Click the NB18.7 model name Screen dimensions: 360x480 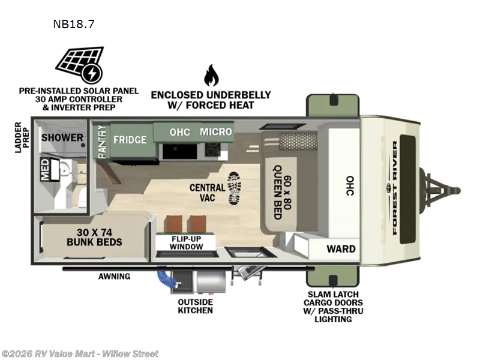(x=74, y=25)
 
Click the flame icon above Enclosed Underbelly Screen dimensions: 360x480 (x=211, y=75)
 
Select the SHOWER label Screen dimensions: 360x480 (x=62, y=137)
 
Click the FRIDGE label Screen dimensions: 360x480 (x=130, y=139)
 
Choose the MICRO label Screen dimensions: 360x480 (x=216, y=131)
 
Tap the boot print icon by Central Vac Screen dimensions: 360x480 (x=235, y=188)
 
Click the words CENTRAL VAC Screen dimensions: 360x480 (x=207, y=192)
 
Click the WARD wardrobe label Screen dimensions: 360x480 (x=341, y=248)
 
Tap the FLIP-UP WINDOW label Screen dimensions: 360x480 (x=186, y=241)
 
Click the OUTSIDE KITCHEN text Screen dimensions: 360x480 (x=195, y=306)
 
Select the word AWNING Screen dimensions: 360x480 (x=114, y=277)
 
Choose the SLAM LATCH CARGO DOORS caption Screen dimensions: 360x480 (x=337, y=306)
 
